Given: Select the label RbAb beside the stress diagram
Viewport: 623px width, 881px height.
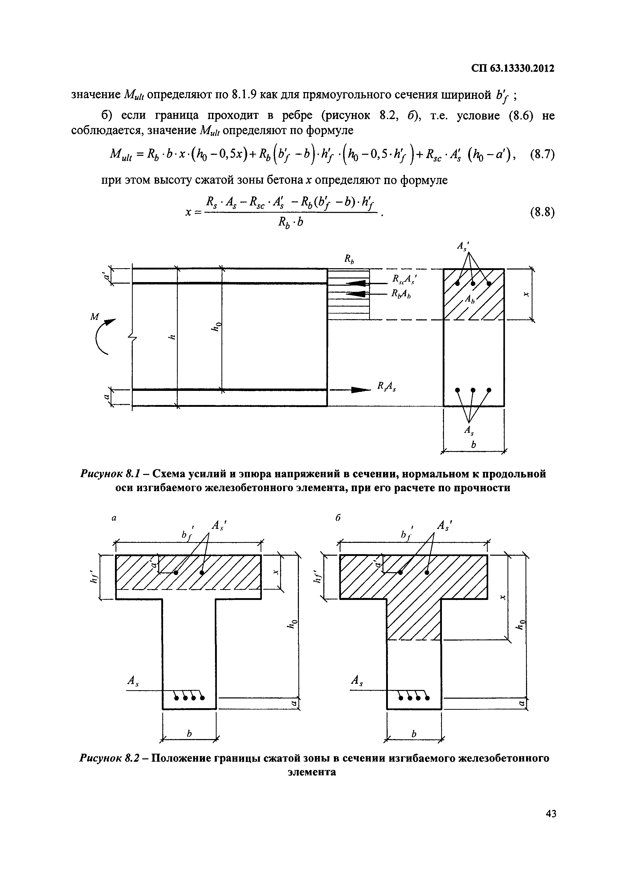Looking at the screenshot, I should pos(401,294).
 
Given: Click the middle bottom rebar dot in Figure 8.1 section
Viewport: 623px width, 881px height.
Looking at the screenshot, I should pos(473,390).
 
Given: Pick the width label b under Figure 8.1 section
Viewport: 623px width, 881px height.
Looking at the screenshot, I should pos(473,444).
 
